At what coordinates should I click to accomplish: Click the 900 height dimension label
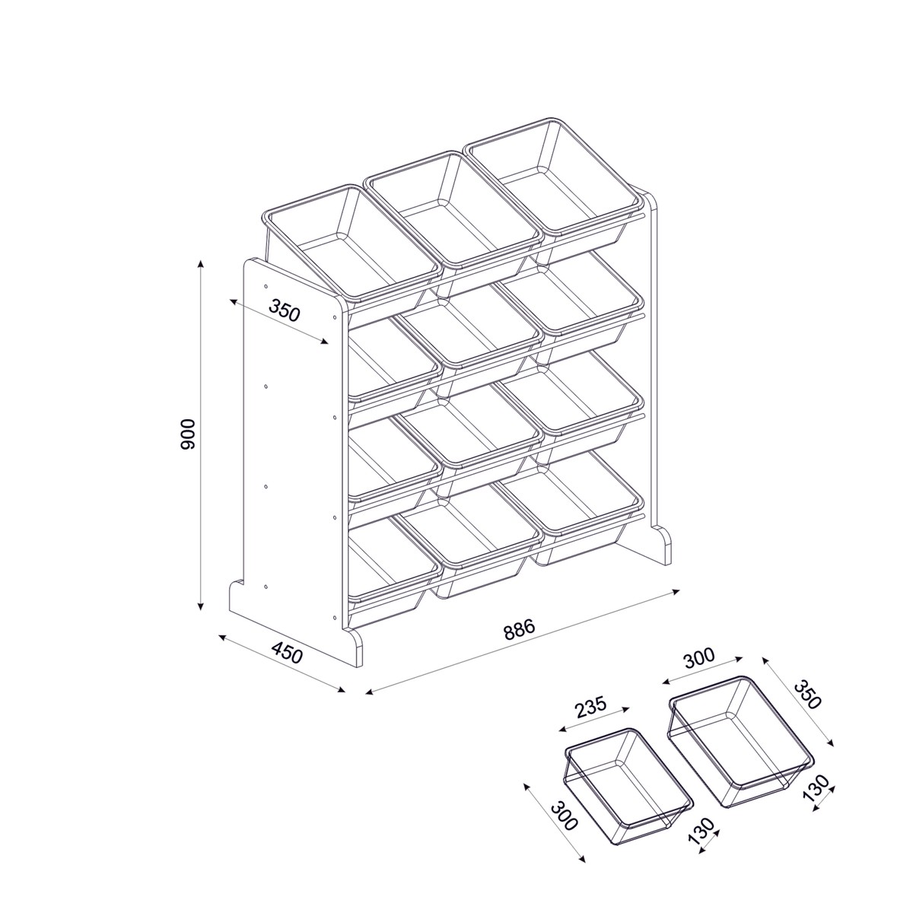(188, 434)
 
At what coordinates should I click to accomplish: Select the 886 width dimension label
(520, 629)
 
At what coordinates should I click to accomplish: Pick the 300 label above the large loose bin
(699, 659)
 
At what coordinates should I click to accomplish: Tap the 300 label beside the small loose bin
(565, 816)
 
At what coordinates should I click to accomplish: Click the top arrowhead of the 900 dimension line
(201, 263)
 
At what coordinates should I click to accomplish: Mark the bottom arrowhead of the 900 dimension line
(201, 606)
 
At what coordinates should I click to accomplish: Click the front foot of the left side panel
(354, 647)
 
